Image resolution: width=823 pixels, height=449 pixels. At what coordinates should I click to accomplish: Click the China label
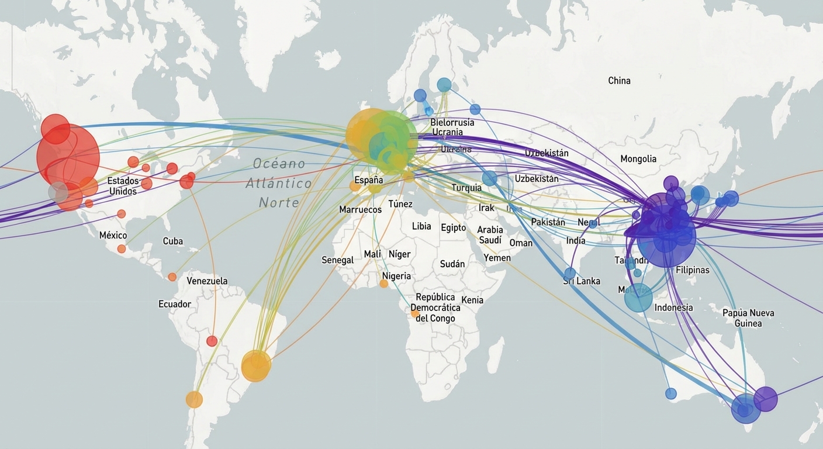point(619,81)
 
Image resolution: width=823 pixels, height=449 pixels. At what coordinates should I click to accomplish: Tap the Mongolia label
point(638,159)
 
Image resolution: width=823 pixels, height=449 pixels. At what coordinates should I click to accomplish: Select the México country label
point(113,235)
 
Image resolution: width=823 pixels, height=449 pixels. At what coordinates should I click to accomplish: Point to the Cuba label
point(172,241)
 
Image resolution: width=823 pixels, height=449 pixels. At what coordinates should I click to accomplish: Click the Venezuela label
point(207,281)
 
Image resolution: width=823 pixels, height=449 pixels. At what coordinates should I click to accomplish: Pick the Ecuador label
point(174,304)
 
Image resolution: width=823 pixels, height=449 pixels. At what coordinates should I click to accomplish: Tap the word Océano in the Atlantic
point(279,164)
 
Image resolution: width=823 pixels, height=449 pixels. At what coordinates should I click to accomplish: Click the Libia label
point(421,226)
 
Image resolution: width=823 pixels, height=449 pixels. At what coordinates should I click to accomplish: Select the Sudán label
point(452,264)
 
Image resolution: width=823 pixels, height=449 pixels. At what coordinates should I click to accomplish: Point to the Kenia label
point(472,300)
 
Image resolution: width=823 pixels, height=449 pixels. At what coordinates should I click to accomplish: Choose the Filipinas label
point(692,270)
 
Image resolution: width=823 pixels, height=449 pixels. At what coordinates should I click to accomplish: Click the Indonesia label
point(673,308)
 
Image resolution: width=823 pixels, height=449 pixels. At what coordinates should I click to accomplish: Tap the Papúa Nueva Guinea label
point(748,318)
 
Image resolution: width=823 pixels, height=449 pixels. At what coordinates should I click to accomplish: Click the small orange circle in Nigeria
point(383,284)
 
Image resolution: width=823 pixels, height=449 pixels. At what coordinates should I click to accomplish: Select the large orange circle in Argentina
point(256,366)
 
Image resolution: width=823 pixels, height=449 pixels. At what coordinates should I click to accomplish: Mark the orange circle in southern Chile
point(194,399)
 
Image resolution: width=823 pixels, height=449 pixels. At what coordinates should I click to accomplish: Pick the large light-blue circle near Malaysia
point(638,298)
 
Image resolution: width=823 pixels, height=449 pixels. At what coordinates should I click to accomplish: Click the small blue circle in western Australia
point(671,394)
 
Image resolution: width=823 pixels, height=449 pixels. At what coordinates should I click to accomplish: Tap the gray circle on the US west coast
point(58,192)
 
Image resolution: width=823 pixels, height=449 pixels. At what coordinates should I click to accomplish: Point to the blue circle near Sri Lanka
point(570,273)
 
